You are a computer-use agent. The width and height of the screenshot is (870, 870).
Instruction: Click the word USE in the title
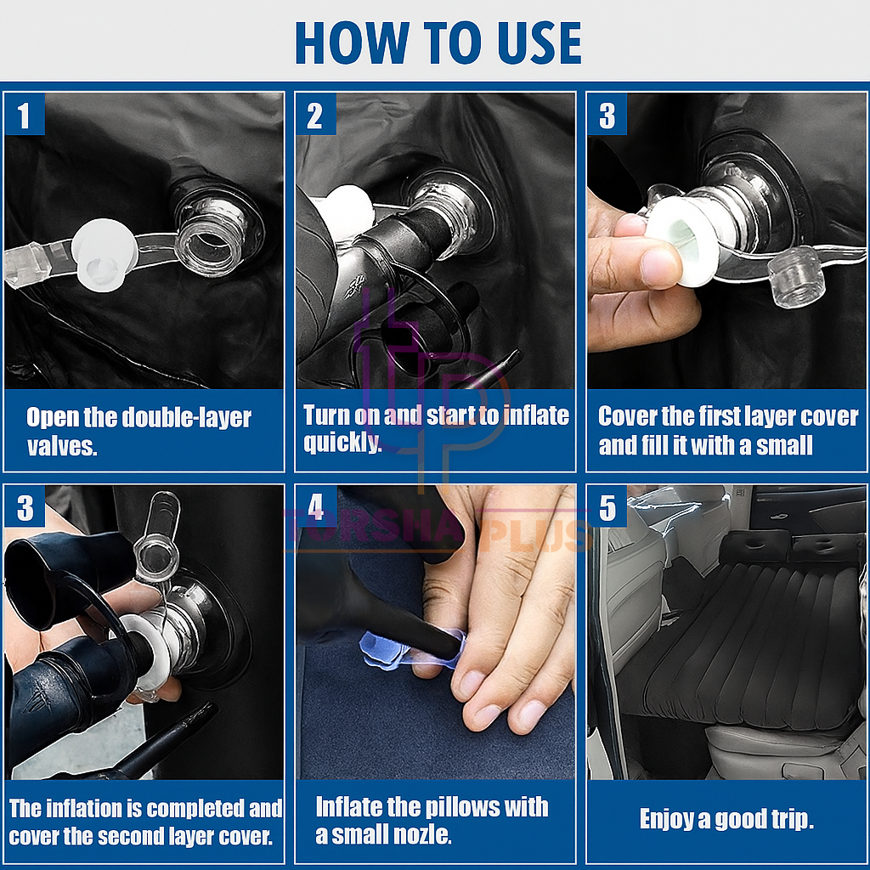pyautogui.click(x=540, y=43)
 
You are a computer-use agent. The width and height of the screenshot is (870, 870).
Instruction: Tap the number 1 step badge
pyautogui.click(x=25, y=115)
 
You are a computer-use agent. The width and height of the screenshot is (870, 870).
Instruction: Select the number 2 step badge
pyautogui.click(x=316, y=115)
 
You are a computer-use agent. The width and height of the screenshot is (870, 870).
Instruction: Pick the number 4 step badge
pyautogui.click(x=316, y=506)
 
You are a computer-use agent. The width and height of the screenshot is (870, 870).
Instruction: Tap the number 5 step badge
pyautogui.click(x=607, y=506)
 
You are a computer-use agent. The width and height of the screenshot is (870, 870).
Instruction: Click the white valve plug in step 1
pyautogui.click(x=105, y=254)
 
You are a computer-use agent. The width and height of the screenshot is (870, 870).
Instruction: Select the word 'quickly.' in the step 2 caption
pyautogui.click(x=342, y=443)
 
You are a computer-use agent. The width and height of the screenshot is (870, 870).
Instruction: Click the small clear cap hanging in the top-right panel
pyautogui.click(x=794, y=276)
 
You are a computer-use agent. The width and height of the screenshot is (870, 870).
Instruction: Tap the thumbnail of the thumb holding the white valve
pyautogui.click(x=659, y=268)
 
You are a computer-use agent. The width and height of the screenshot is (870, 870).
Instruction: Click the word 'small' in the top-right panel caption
pyautogui.click(x=784, y=445)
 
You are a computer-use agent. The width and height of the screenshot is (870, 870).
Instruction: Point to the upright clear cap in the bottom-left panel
pyautogui.click(x=158, y=530)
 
